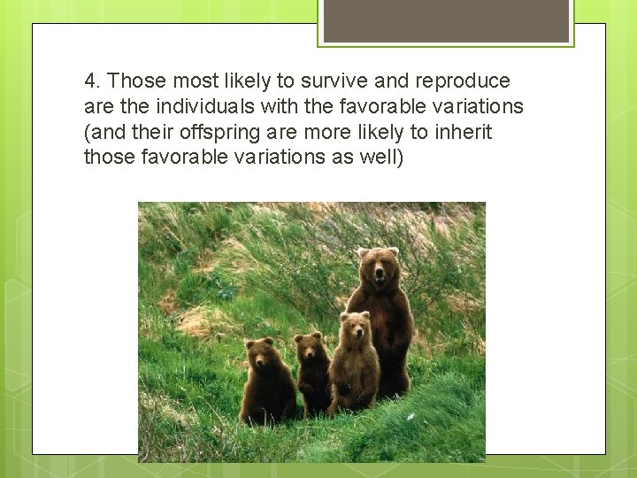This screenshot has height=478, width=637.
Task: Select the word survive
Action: (x=333, y=81)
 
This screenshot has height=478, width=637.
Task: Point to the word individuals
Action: (x=187, y=107)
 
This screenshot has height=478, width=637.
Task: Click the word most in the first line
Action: (x=196, y=81)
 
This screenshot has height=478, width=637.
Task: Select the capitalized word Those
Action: (x=137, y=81)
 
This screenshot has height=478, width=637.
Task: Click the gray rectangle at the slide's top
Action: (x=445, y=19)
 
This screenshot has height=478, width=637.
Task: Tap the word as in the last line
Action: (x=337, y=158)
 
